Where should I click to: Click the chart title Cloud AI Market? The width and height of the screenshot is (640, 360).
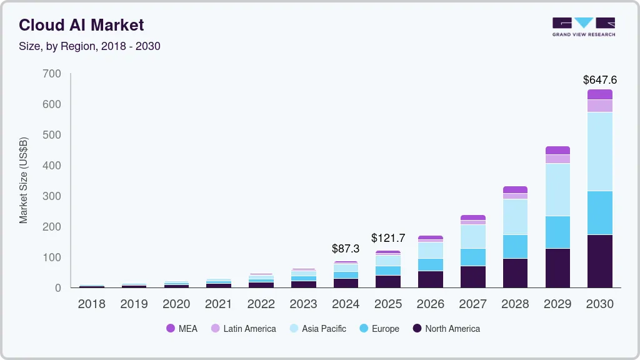click(81, 25)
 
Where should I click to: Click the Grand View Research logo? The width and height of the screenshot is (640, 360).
click(584, 27)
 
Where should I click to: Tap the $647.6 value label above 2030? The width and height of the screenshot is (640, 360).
click(600, 80)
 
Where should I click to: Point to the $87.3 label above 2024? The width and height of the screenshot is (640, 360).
click(346, 249)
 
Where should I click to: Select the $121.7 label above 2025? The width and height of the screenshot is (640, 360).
click(388, 238)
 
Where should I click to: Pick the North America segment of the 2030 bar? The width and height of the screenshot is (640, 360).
click(600, 261)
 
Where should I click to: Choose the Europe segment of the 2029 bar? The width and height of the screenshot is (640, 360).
click(557, 232)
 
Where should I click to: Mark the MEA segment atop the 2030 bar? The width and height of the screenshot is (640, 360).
click(600, 94)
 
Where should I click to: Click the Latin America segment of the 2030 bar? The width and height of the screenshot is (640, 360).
click(600, 106)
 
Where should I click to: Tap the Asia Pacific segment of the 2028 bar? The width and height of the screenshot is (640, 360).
click(515, 217)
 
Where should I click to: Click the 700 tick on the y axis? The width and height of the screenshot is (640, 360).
click(52, 74)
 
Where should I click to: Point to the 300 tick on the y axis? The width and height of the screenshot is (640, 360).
click(52, 196)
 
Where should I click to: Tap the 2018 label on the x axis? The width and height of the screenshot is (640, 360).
click(91, 304)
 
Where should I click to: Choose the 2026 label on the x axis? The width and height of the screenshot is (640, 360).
click(431, 304)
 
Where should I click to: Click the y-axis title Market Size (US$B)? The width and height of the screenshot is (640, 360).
click(24, 181)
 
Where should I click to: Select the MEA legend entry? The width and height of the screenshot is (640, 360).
click(181, 329)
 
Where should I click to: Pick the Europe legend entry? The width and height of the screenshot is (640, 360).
click(379, 329)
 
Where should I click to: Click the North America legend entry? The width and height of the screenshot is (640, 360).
click(446, 329)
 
